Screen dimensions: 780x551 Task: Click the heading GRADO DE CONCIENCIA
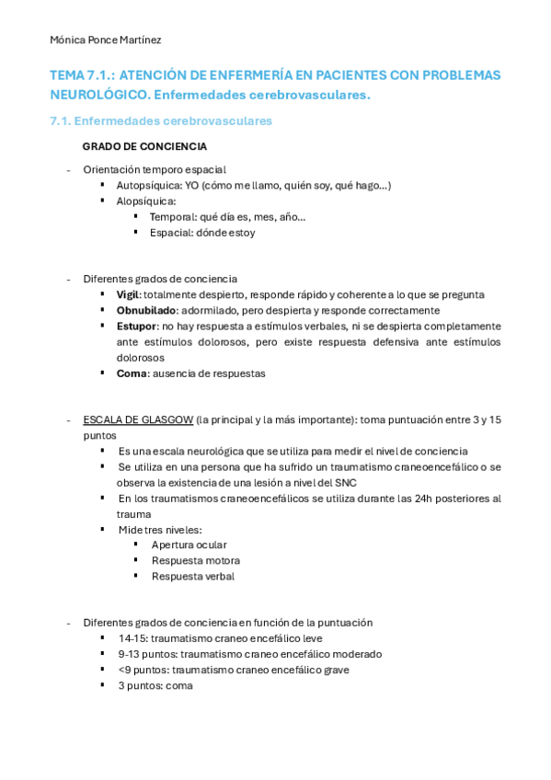[x=144, y=146]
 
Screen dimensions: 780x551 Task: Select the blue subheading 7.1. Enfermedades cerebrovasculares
[x=161, y=120]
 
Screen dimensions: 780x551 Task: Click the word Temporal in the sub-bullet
[x=172, y=216]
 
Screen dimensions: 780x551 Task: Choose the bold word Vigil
[x=128, y=294]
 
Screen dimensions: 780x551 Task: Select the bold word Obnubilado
[x=146, y=310]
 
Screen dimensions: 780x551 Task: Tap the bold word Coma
[x=132, y=373]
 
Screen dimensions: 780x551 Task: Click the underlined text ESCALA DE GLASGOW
[x=138, y=419]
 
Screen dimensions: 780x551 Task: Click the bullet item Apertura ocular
[x=189, y=545]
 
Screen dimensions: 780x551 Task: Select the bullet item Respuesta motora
[x=195, y=560]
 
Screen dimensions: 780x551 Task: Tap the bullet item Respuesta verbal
[x=192, y=576]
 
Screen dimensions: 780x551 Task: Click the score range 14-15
[x=132, y=637]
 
